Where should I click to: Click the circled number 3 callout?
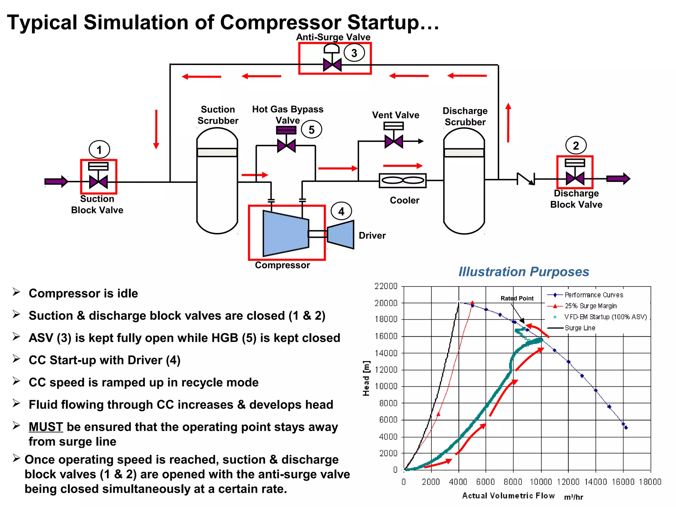pos(354,53)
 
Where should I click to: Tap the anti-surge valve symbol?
pos(332,64)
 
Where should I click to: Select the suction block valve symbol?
pos(98,182)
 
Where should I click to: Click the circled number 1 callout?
pos(99,150)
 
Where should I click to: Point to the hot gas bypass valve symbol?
pos(286,145)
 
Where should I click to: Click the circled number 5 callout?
pos(311,130)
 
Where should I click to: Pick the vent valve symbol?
pos(394,141)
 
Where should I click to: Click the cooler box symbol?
pos(403,181)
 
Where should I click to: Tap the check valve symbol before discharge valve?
pos(525,179)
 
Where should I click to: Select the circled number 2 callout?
pos(576,146)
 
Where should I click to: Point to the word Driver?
pos(372,235)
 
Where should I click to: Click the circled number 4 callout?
pos(341,211)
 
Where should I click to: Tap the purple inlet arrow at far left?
pos(56,181)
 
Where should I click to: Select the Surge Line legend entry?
pos(580,328)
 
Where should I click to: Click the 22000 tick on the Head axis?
pos(386,286)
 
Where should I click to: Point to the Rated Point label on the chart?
pos(517,298)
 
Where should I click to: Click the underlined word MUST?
pos(46,427)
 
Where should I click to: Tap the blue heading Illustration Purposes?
pos(524,272)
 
